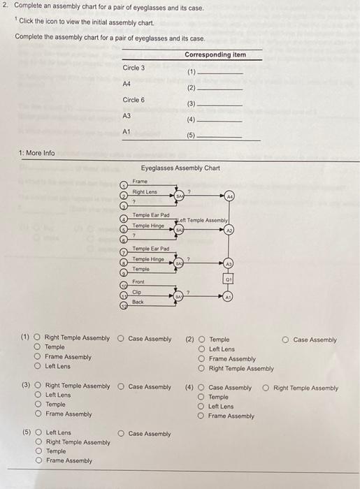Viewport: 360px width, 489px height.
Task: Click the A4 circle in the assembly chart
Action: tap(230, 197)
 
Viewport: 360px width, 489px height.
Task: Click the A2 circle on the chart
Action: tap(230, 229)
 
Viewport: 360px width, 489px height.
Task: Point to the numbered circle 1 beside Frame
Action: tap(124, 185)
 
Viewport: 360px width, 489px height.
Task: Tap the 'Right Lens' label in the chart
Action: tap(145, 192)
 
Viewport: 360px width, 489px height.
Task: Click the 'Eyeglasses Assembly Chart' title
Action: tap(180, 168)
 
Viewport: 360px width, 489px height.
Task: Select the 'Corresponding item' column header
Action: tap(215, 54)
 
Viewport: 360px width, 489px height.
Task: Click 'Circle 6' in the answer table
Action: tap(134, 100)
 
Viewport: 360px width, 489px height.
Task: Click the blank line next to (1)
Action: tap(221, 73)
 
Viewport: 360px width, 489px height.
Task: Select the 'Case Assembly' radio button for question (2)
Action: tap(286, 340)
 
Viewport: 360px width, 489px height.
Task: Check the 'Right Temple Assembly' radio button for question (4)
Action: tap(266, 388)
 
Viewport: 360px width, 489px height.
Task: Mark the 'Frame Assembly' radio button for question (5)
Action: tap(38, 460)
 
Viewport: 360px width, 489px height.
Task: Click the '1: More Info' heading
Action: tap(38, 153)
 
